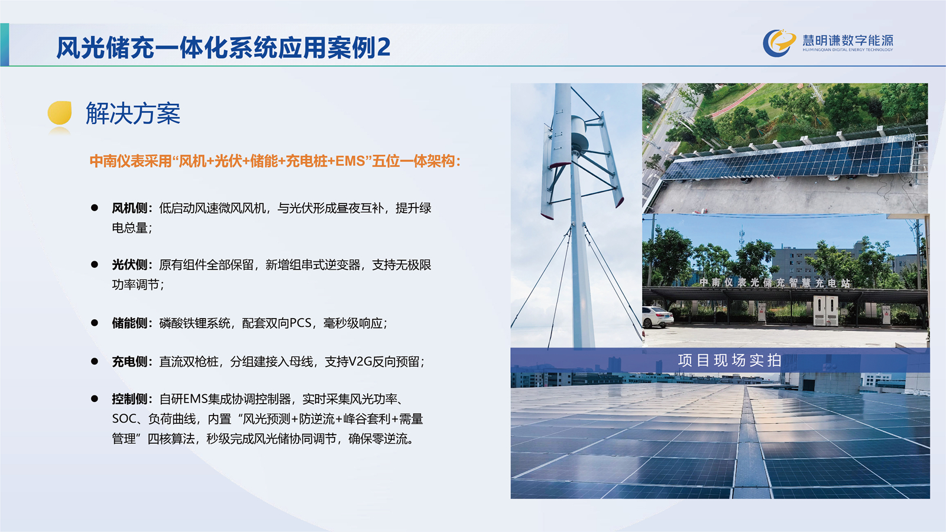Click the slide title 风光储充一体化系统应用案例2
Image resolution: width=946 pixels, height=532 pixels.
223,47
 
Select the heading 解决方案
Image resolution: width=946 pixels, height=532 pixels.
133,113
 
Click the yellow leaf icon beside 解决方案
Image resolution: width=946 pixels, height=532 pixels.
60,113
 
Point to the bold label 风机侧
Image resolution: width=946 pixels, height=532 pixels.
129,208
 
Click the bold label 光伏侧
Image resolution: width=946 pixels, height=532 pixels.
129,265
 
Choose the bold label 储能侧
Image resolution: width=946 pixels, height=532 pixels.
129,323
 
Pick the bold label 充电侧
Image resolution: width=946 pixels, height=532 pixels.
129,361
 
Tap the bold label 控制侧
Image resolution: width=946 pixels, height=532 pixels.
129,398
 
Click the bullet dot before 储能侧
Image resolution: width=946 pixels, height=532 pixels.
95,323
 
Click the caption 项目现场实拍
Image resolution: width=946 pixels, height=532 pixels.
730,361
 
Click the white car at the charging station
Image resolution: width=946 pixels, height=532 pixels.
657,317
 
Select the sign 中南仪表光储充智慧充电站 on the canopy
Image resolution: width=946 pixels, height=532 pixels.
775,283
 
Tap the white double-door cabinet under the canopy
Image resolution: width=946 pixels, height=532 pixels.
825,310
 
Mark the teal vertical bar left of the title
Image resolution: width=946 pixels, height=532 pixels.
5,44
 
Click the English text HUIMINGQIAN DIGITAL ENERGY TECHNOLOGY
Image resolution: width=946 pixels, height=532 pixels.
848,50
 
